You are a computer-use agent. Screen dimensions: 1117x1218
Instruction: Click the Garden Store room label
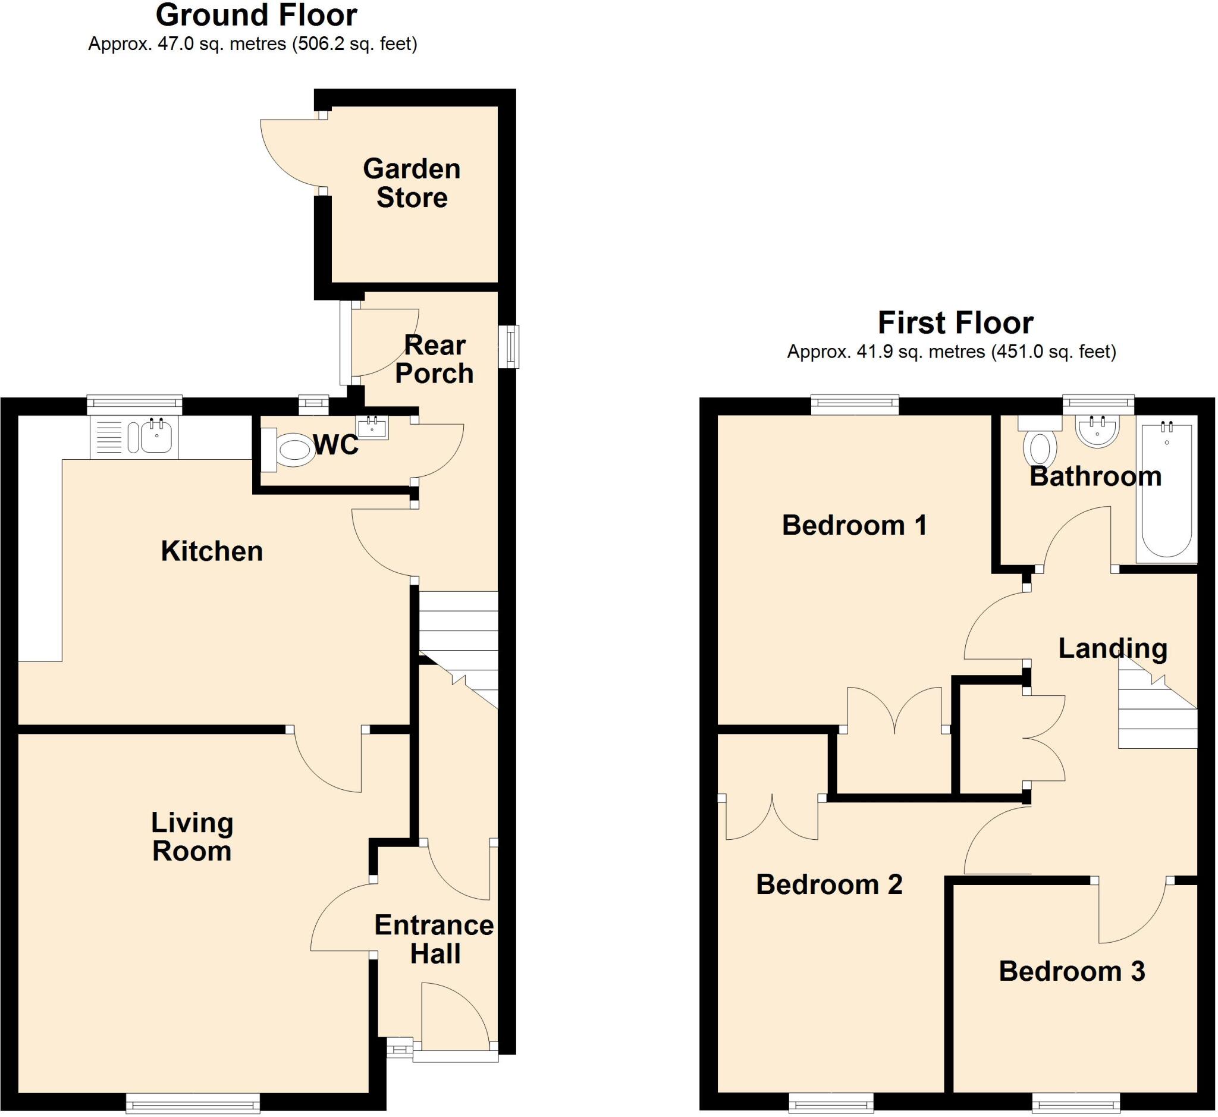pos(412,183)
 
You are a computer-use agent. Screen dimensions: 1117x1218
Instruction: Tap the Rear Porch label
pos(434,359)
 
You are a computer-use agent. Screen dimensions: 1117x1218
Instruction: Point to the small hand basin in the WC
pos(372,428)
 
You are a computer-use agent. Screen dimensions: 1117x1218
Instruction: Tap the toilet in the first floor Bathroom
pos(1040,447)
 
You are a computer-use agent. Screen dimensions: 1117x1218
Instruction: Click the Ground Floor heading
pos(256,15)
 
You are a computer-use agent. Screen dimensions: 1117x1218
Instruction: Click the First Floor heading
pos(955,323)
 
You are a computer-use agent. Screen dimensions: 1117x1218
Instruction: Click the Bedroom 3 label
pos(1071,971)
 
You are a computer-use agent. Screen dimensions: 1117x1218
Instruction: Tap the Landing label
pos(1112,648)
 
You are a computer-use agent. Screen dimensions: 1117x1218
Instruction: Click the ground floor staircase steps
pos(458,629)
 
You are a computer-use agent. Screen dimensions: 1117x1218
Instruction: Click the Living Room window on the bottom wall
pos(193,1103)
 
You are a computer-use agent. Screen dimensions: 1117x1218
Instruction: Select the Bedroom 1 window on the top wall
pos(854,404)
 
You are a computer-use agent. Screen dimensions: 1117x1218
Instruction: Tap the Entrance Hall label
pos(434,939)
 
